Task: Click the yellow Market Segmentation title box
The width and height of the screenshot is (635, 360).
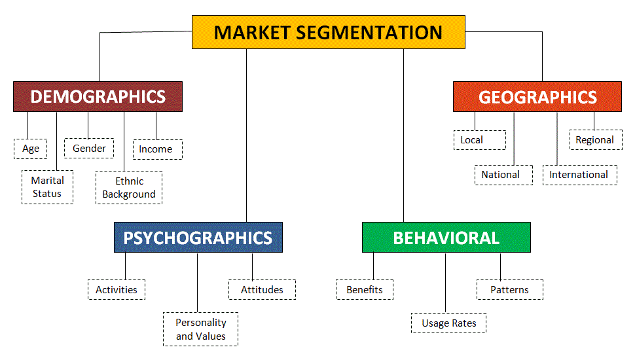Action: click(x=328, y=32)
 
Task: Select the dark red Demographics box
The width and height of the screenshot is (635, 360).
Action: click(x=98, y=97)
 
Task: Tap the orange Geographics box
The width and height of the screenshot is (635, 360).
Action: click(x=537, y=97)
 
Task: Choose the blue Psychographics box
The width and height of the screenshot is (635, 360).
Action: click(x=198, y=237)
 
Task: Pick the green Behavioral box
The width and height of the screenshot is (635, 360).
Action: click(x=446, y=237)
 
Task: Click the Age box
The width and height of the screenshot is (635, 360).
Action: click(x=31, y=149)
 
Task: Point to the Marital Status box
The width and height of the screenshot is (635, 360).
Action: click(x=47, y=187)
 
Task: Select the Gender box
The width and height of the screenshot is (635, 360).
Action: click(x=89, y=149)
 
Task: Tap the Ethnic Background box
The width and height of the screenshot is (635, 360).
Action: click(x=129, y=187)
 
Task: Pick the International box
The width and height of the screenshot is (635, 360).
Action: click(x=579, y=175)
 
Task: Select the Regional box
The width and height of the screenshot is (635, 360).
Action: click(x=595, y=139)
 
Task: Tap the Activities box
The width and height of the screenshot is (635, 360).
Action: click(x=117, y=289)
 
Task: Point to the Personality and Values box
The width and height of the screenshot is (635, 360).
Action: click(x=200, y=329)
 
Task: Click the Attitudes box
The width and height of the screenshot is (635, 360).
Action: click(x=262, y=289)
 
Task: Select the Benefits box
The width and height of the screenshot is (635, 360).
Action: click(x=365, y=289)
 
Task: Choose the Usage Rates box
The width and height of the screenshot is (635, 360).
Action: click(x=449, y=323)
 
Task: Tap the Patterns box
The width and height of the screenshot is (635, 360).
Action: click(x=509, y=289)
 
